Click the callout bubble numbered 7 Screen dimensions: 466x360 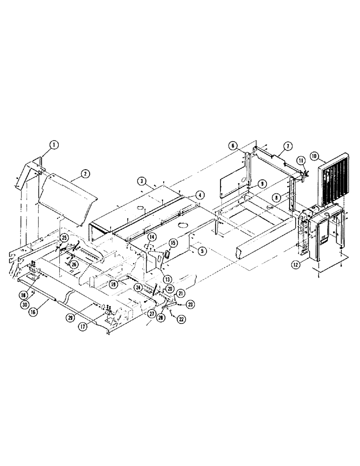click(287, 146)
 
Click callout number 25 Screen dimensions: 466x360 click(64, 238)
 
